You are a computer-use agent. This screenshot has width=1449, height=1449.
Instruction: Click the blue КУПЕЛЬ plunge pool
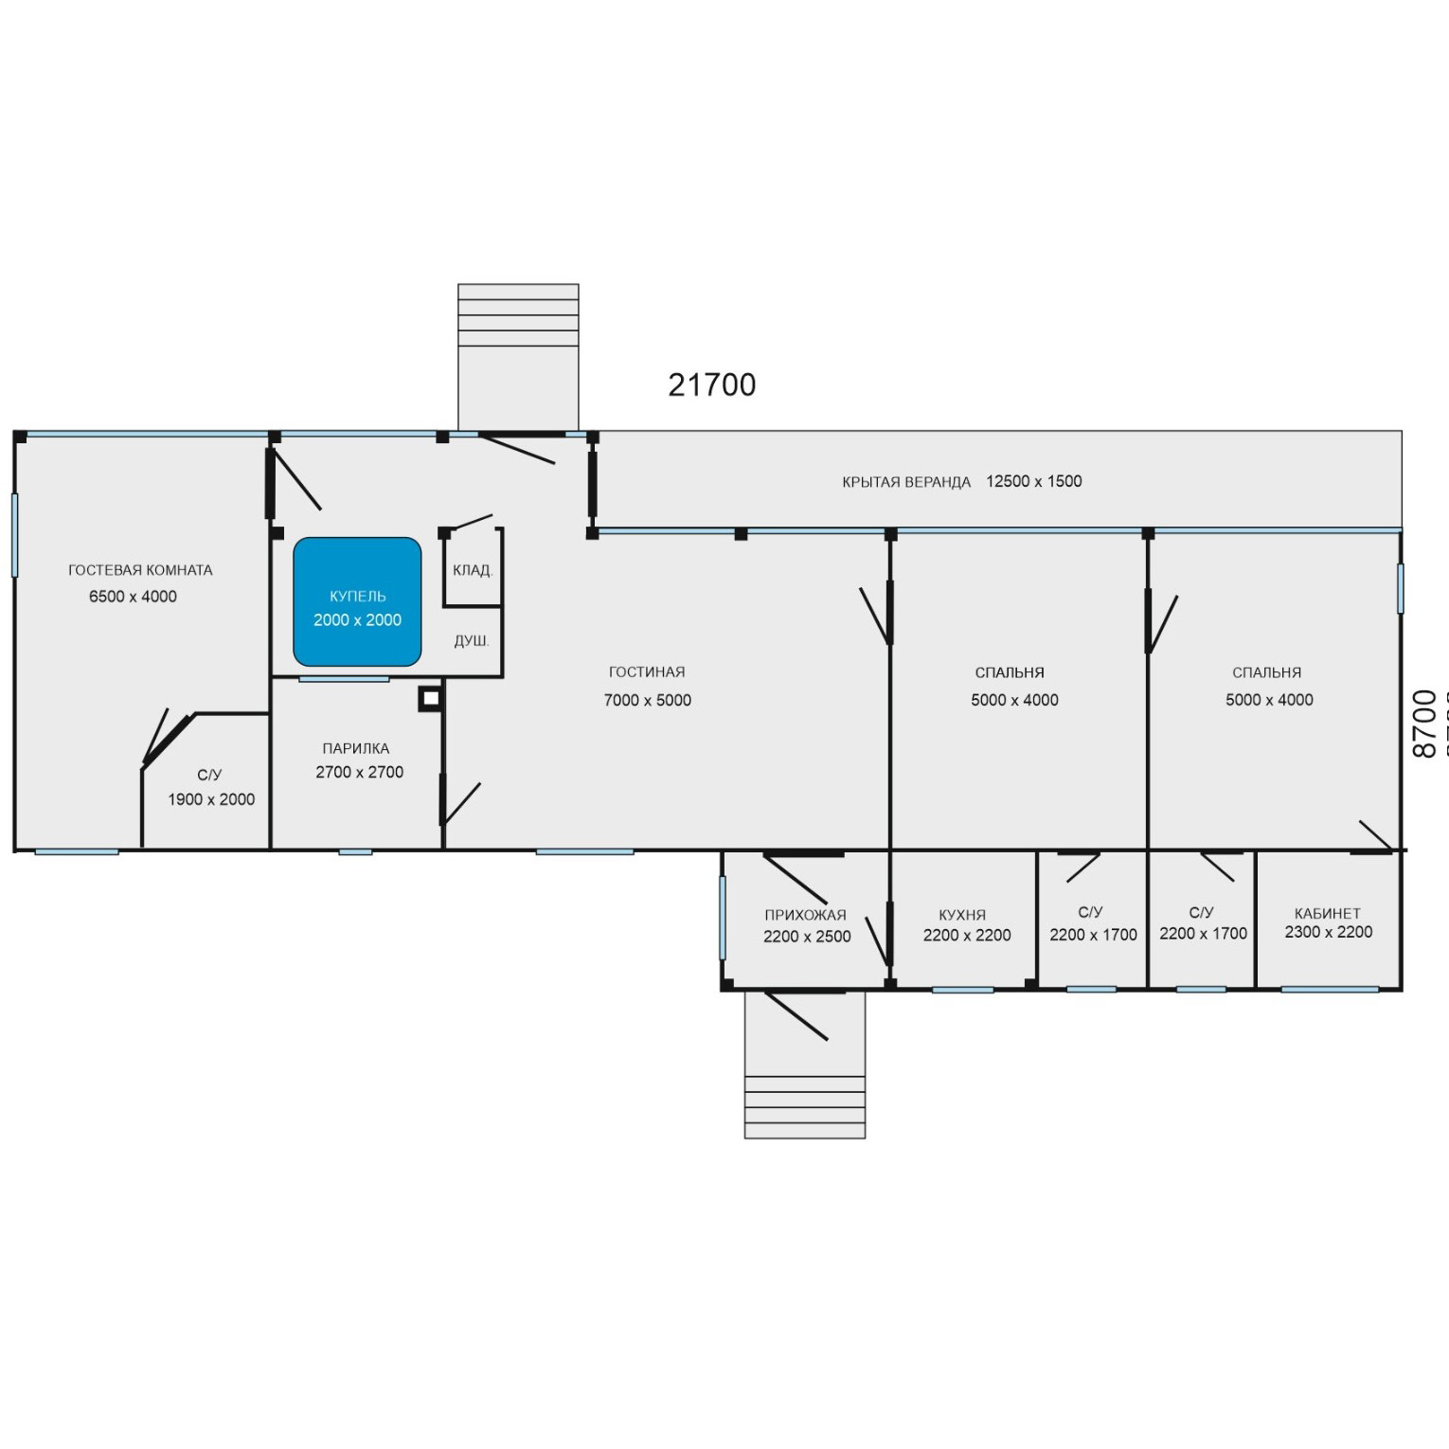point(357,602)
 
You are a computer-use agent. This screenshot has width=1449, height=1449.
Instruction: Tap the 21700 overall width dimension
point(712,385)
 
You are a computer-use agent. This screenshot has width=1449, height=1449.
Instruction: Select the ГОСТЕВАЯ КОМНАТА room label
point(140,570)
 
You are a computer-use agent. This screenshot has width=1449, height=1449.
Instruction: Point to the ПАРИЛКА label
point(356,748)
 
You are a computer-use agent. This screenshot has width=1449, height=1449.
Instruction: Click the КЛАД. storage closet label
point(473,570)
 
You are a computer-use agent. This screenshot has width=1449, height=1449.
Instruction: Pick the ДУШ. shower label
point(472,641)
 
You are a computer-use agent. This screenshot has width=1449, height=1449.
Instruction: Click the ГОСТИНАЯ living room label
point(647,672)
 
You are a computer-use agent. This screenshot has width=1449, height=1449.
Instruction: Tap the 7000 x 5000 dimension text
point(648,700)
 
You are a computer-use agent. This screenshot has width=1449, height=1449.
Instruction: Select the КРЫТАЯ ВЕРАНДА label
point(906,482)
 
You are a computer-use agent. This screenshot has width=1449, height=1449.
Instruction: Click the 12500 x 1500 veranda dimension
point(1034,481)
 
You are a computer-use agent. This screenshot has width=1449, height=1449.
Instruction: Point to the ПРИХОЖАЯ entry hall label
point(806,915)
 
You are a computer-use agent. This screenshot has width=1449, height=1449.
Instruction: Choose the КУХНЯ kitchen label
point(962,915)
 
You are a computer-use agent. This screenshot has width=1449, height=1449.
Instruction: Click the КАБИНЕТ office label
point(1328,914)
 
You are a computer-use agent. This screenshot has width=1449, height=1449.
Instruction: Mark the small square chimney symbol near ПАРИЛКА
point(430,699)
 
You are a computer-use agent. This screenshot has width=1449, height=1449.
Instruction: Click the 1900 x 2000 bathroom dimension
point(211,799)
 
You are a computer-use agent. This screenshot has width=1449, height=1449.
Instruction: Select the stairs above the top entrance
point(518,357)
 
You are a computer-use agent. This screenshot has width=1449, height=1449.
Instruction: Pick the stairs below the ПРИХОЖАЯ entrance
point(805,1064)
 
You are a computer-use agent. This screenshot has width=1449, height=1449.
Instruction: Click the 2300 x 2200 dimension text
point(1329,932)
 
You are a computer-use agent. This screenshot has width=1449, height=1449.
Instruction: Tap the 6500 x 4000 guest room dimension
point(133,597)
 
